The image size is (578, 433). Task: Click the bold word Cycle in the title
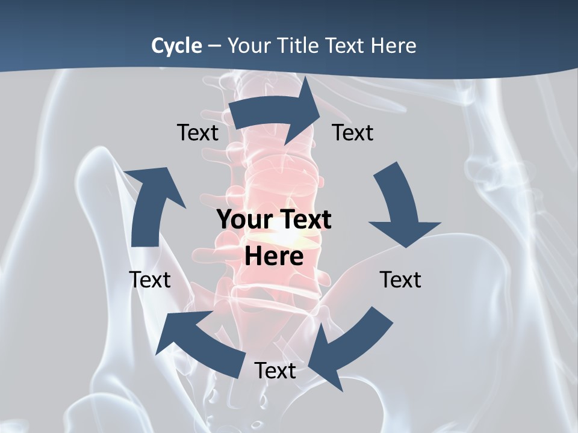(x=176, y=45)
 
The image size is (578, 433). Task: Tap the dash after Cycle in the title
(x=214, y=46)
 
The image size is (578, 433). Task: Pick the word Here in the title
(x=395, y=45)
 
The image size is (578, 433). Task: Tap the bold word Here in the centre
(x=274, y=256)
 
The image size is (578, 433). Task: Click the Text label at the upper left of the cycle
(x=197, y=132)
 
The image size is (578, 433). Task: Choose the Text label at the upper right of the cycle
(x=353, y=132)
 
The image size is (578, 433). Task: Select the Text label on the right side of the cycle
(x=400, y=280)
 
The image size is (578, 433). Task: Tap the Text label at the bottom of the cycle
(x=275, y=370)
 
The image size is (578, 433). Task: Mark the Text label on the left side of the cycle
(x=150, y=280)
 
